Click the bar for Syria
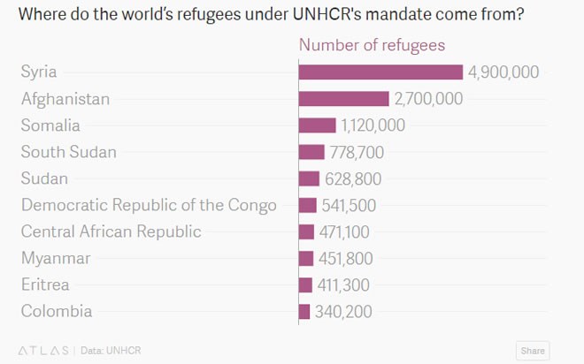pos(380,72)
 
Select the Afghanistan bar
pos(344,99)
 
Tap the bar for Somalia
pos(318,125)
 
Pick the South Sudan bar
pos(311,152)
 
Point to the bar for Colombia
pos(304,311)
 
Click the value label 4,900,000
pos(503,72)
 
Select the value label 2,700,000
pos(428,99)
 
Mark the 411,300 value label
pos(342,284)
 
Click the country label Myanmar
pos(56,258)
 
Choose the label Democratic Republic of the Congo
pos(149,205)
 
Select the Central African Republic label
pos(111,231)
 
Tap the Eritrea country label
pos(45,284)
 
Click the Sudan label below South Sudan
pos(44,178)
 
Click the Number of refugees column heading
pos(372,45)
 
